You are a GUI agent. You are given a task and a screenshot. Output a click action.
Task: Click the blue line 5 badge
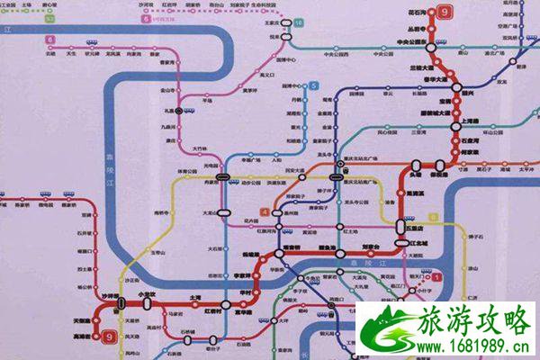[314, 85]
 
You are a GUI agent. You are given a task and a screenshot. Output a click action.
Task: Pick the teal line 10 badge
[298, 20]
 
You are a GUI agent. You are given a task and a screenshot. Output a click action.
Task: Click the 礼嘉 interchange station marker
[181, 109]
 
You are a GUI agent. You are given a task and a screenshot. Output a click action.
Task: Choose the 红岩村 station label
[214, 311]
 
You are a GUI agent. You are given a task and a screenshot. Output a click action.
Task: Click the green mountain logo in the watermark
[385, 328]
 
